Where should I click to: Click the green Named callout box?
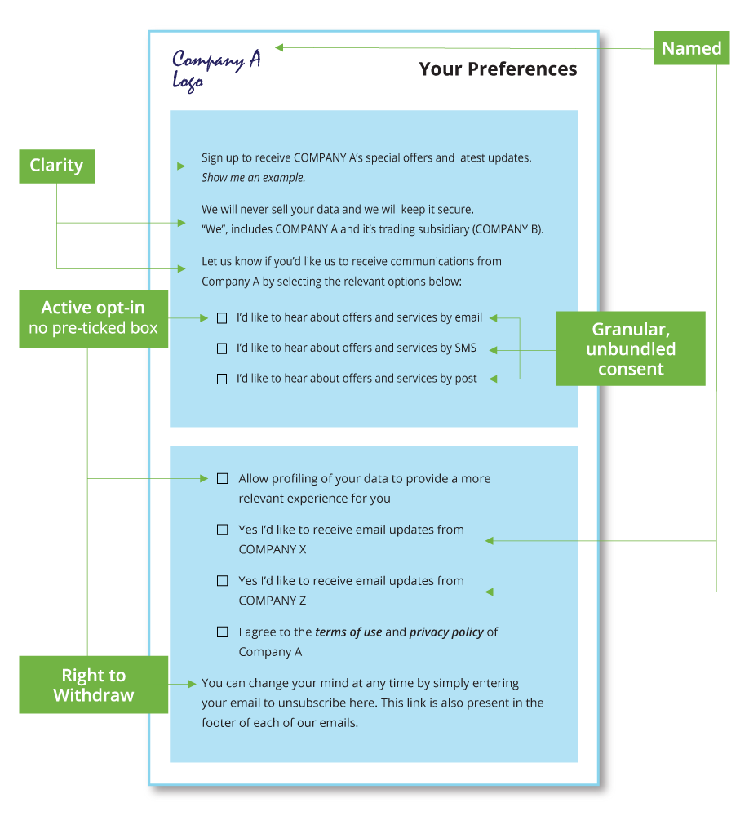(691, 48)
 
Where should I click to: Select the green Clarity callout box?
(56, 166)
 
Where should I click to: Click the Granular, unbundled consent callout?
(631, 348)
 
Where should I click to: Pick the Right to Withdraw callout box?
(93, 685)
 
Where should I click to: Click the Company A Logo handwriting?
(215, 69)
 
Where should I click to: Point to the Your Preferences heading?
(498, 69)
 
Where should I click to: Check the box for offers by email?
(222, 318)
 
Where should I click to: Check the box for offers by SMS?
(222, 348)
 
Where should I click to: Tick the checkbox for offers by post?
(222, 379)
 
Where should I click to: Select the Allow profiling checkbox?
(222, 479)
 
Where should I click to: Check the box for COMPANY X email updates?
(222, 530)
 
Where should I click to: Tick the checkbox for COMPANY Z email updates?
(222, 581)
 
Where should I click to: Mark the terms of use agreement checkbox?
(222, 632)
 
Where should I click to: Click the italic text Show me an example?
(253, 178)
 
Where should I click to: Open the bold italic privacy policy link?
(446, 632)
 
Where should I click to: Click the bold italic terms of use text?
(348, 632)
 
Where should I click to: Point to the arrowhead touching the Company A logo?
(279, 47)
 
